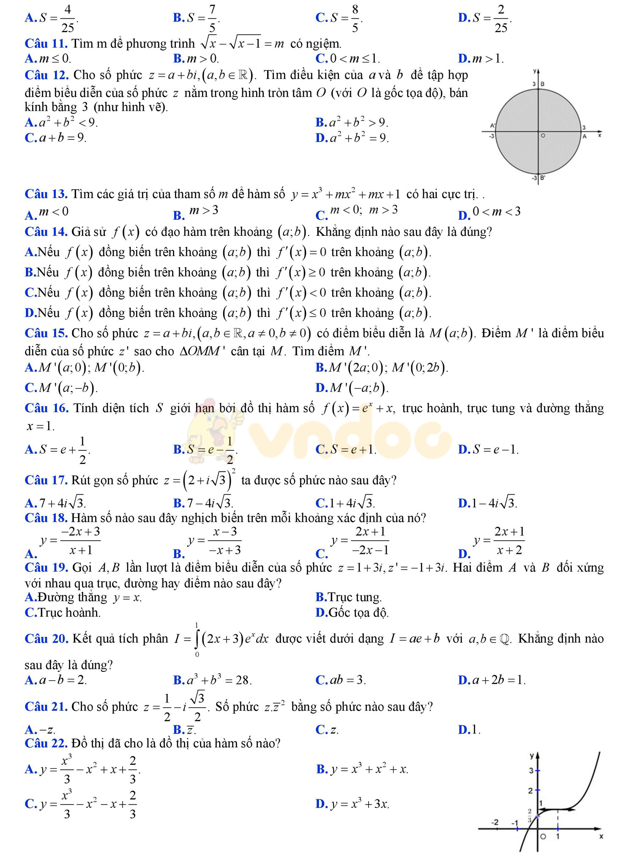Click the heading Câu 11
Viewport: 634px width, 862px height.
pyautogui.click(x=46, y=44)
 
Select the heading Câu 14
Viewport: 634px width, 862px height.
pyautogui.click(x=46, y=232)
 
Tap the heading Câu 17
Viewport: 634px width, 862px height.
pyautogui.click(x=46, y=480)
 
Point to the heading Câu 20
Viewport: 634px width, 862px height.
pyautogui.click(x=46, y=638)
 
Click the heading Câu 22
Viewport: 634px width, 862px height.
pyautogui.click(x=46, y=743)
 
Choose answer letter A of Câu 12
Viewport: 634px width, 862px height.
pyautogui.click(x=31, y=123)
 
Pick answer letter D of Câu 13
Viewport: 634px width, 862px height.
pyautogui.click(x=464, y=215)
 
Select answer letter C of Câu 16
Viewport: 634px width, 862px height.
pyautogui.click(x=322, y=449)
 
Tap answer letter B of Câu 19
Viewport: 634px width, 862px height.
pyautogui.click(x=321, y=597)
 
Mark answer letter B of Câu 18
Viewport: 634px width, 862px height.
pyautogui.click(x=179, y=554)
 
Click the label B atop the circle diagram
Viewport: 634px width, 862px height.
pyautogui.click(x=543, y=84)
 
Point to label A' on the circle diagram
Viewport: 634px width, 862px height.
pyautogui.click(x=492, y=125)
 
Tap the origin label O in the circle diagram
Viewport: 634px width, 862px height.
pyautogui.click(x=543, y=136)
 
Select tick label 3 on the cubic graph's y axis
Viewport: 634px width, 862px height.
pyautogui.click(x=531, y=770)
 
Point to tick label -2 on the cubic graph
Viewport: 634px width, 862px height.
pyautogui.click(x=495, y=822)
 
